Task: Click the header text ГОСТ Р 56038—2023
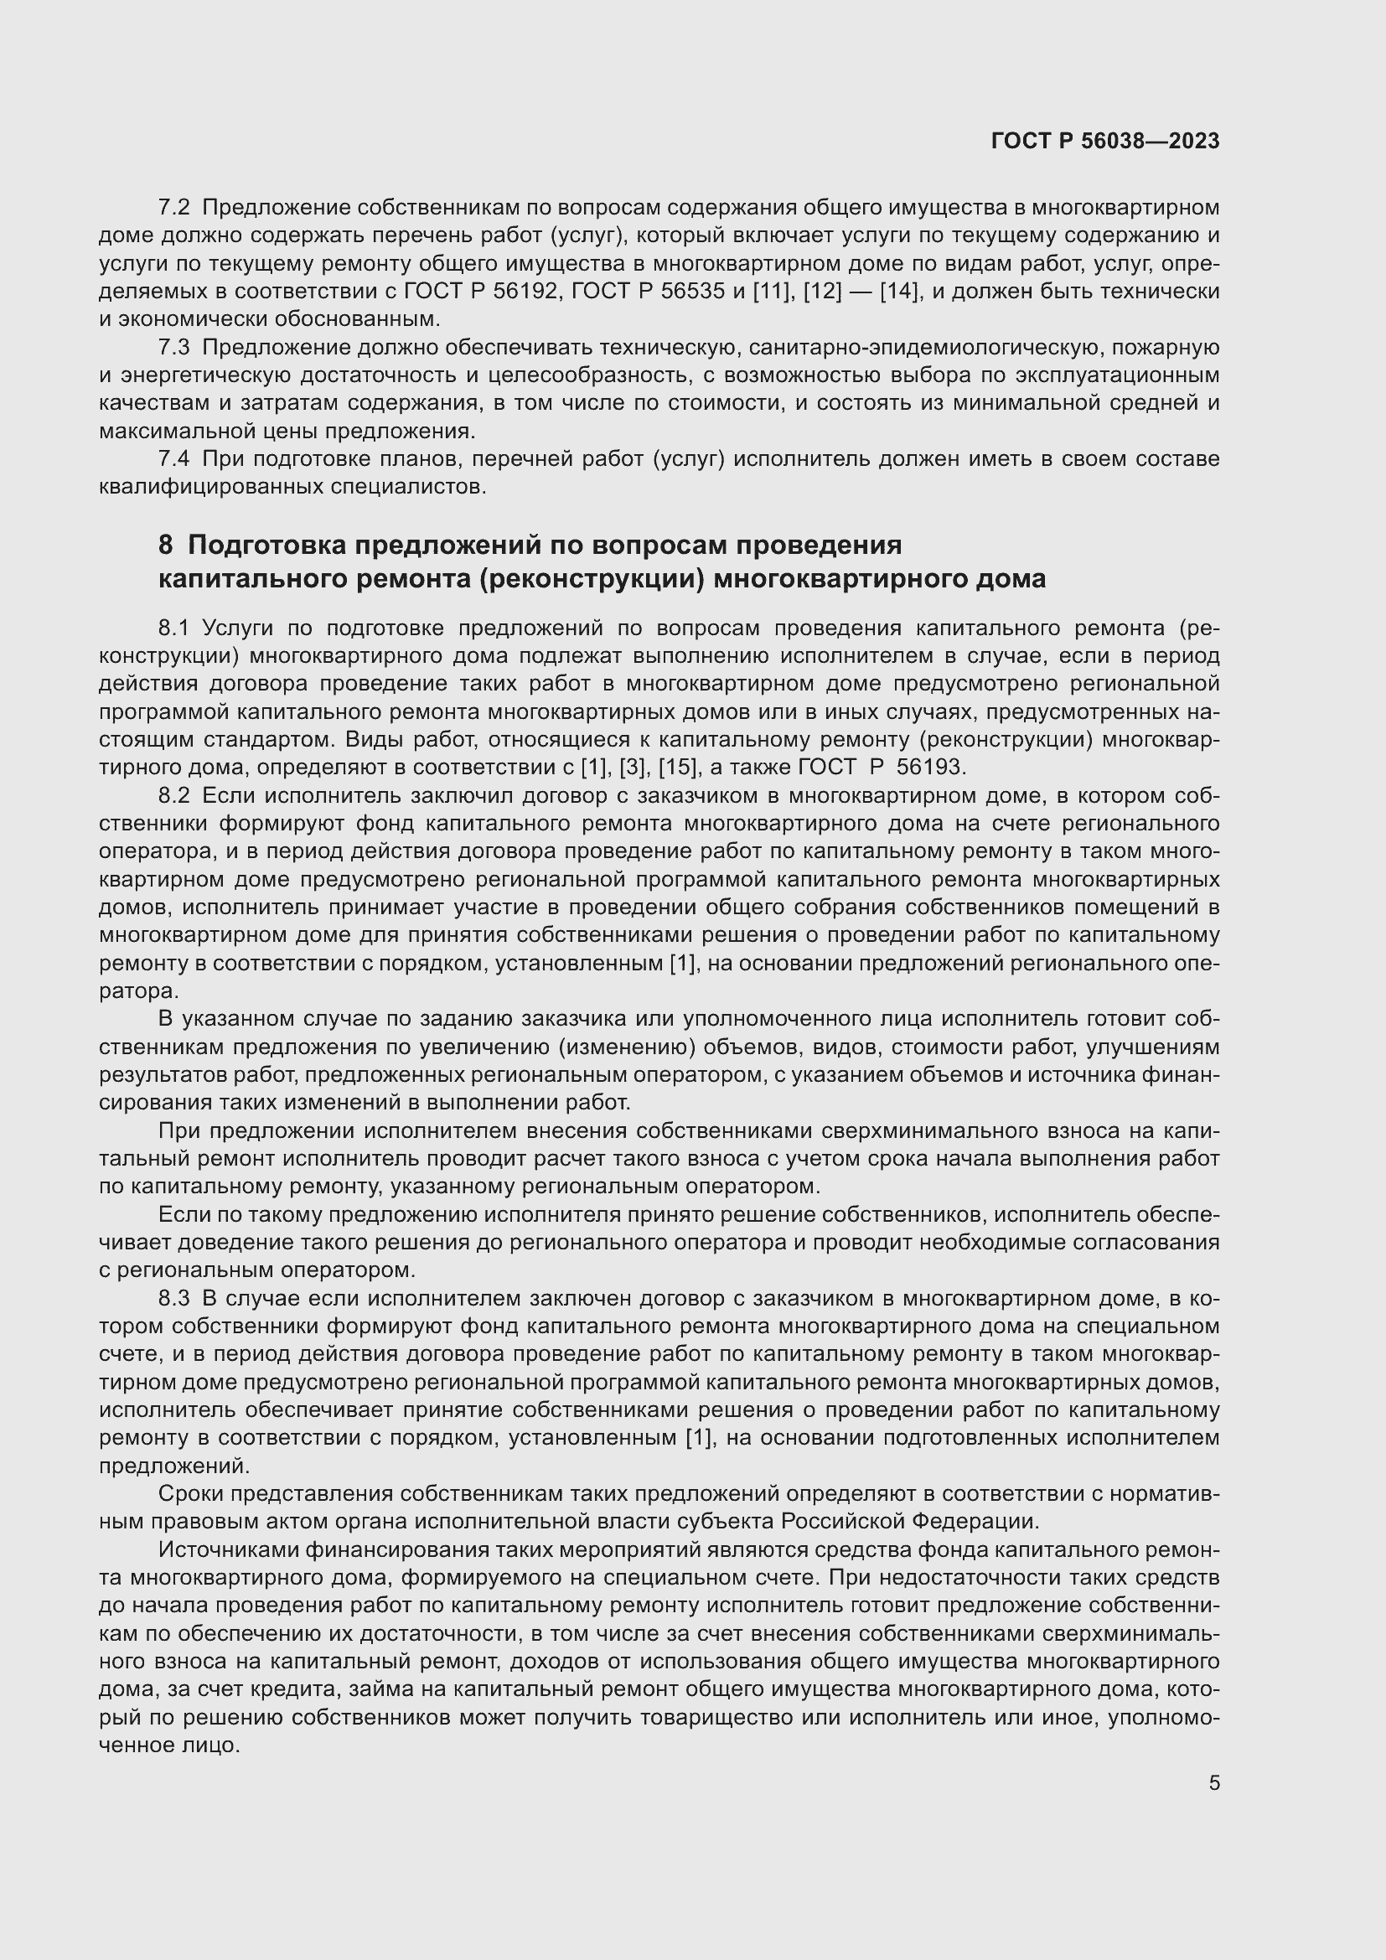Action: click(1105, 141)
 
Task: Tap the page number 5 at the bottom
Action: click(1213, 1783)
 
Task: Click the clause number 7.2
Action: click(174, 208)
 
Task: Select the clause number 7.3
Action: click(174, 348)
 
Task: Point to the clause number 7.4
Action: click(174, 459)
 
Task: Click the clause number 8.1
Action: click(173, 628)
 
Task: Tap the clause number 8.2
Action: click(174, 795)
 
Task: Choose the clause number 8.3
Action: click(174, 1300)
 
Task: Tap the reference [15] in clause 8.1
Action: click(679, 768)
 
